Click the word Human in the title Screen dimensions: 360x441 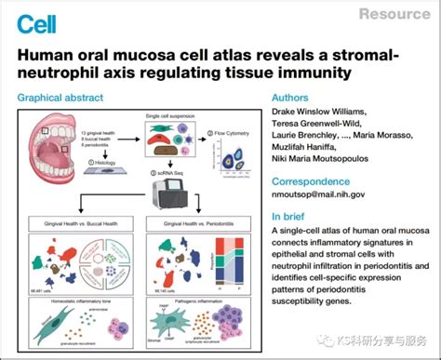click(x=47, y=54)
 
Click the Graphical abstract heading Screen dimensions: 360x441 click(x=66, y=97)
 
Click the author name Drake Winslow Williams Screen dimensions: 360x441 click(x=329, y=112)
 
